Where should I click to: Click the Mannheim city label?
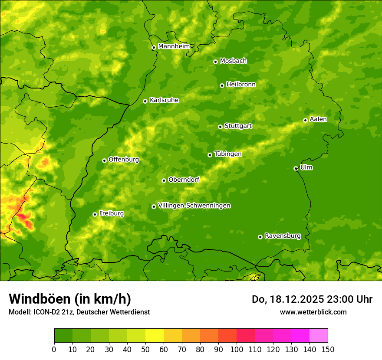[x=174, y=46]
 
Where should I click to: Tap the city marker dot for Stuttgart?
[x=220, y=127]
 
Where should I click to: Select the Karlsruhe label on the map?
[x=164, y=100]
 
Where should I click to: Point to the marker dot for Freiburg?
[x=95, y=214]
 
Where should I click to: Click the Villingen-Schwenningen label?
[x=194, y=206]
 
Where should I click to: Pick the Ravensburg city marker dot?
[x=260, y=237]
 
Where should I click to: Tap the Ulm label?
[x=306, y=167]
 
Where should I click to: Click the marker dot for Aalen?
[x=305, y=120]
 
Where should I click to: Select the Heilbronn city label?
[x=241, y=85]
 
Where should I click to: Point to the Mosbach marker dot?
[x=215, y=62]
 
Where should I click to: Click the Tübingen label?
[x=227, y=154]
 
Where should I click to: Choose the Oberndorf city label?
[x=184, y=180]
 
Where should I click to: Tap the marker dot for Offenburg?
[x=104, y=160]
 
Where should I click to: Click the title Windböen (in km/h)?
[x=70, y=299]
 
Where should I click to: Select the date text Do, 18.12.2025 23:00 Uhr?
[x=312, y=299]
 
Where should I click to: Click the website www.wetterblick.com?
[x=313, y=312]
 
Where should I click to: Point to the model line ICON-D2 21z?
[x=79, y=312]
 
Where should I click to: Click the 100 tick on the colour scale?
[x=237, y=350]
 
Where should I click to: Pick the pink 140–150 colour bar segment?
[x=319, y=336]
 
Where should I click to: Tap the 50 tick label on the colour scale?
[x=145, y=350]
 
